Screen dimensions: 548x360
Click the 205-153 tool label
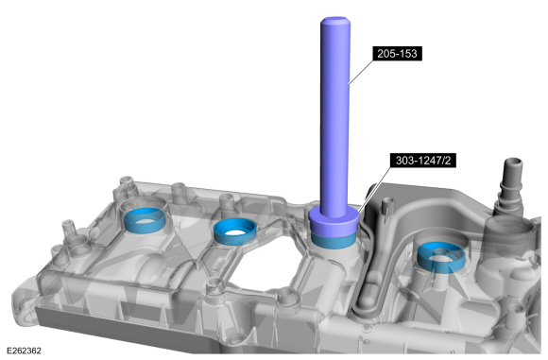click(x=397, y=54)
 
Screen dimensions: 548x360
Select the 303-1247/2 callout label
click(x=423, y=161)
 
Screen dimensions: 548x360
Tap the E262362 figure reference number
click(x=24, y=351)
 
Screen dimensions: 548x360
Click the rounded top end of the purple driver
click(x=335, y=21)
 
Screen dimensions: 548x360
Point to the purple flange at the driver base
click(x=334, y=220)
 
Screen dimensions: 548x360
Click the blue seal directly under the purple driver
click(x=334, y=240)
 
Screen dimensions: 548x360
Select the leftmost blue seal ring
click(x=145, y=219)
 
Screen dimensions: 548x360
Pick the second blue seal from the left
click(x=234, y=231)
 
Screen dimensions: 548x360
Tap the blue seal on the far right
click(x=441, y=257)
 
